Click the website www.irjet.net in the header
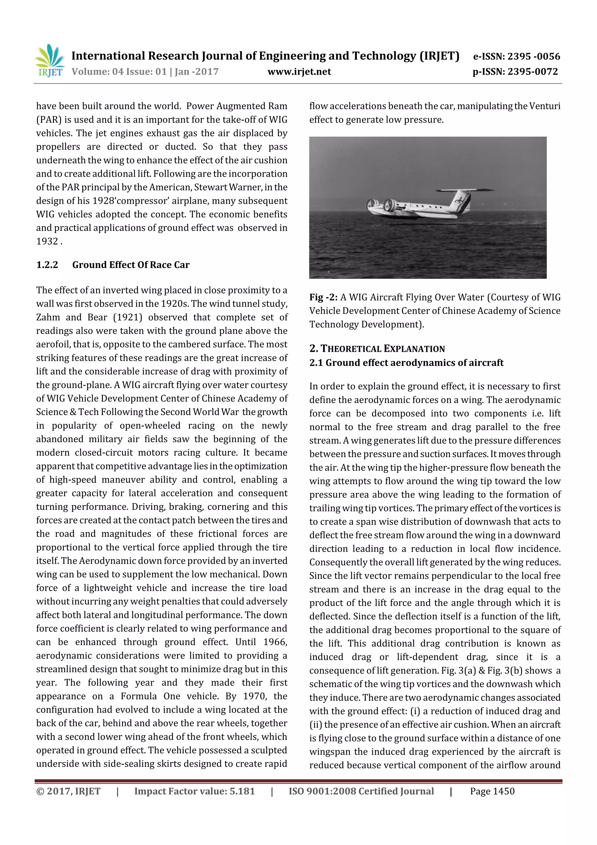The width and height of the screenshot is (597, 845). tap(299, 72)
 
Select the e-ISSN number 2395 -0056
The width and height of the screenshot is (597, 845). tap(533, 56)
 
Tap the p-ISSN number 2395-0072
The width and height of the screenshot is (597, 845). tap(533, 72)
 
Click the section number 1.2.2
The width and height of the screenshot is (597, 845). tap(47, 265)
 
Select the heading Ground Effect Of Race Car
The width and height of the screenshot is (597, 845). tap(131, 265)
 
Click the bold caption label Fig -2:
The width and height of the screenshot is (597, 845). tap(323, 298)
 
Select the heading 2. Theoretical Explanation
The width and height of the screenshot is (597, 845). tap(377, 349)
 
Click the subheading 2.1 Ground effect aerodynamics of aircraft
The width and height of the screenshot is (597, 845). tap(406, 363)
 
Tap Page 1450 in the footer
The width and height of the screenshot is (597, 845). tap(492, 791)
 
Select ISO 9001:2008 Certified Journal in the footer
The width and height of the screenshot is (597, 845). tap(361, 791)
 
